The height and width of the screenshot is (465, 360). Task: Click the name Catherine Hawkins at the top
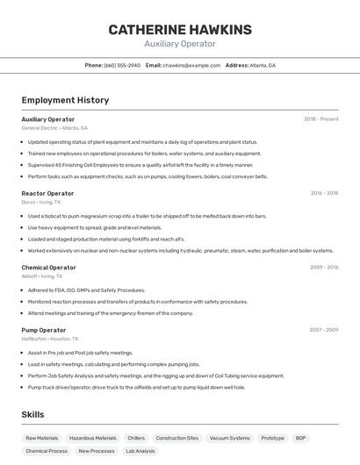180,30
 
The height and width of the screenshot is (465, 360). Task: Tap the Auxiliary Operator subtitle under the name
180,44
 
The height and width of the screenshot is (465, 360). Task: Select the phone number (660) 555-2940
122,65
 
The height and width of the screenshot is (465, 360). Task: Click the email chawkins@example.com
191,65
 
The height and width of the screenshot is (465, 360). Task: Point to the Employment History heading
65,100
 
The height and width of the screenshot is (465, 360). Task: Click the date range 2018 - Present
320,118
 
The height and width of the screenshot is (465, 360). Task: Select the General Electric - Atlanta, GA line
54,128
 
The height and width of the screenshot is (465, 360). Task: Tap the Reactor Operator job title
47,193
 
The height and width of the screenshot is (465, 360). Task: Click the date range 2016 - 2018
324,193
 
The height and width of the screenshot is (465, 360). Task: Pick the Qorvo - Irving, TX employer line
41,202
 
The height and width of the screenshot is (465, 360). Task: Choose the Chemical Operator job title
48,268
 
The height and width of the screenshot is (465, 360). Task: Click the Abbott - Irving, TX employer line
42,276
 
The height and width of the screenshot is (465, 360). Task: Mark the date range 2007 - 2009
323,330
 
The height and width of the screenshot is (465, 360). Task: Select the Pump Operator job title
44,330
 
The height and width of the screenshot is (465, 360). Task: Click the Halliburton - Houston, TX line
50,339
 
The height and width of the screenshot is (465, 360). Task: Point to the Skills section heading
33,415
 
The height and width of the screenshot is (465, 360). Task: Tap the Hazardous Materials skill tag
92,438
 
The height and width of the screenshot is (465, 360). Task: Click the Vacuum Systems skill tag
229,438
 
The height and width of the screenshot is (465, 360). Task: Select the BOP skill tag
300,438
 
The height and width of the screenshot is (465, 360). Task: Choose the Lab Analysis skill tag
140,451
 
